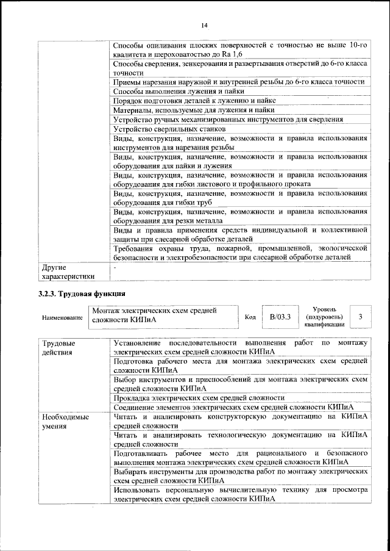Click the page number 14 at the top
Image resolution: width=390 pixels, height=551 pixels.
tap(204, 24)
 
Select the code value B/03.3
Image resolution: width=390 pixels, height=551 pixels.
tap(280, 317)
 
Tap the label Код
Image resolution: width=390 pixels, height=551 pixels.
tap(250, 317)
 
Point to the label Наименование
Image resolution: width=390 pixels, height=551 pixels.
tap(62, 318)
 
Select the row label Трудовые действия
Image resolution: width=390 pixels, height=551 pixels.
tap(59, 347)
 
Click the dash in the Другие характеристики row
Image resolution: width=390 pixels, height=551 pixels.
tap(113, 267)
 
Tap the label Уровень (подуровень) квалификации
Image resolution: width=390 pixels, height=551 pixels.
tap(324, 317)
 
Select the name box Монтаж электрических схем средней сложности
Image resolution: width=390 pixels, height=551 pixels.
tap(163, 317)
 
